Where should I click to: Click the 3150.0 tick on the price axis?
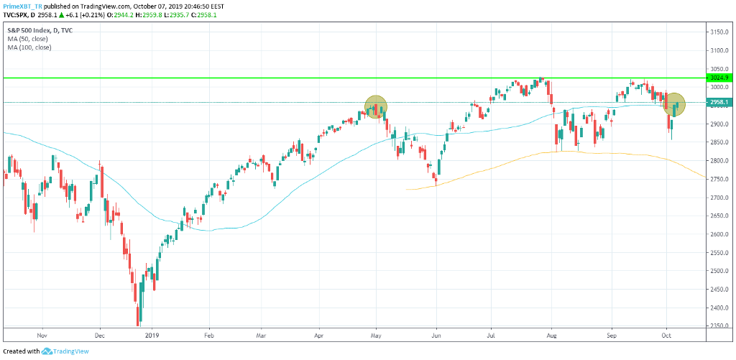pyautogui.click(x=719, y=32)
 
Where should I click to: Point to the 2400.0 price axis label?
pyautogui.click(x=719, y=308)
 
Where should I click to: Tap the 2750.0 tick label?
pyautogui.click(x=719, y=179)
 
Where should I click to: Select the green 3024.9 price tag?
pyautogui.click(x=719, y=78)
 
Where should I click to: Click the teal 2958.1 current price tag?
pyautogui.click(x=719, y=102)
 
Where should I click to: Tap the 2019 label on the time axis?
pyautogui.click(x=152, y=335)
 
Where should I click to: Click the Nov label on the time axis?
pyautogui.click(x=41, y=335)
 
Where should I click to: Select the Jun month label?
pyautogui.click(x=436, y=335)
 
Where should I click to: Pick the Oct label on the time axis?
pyautogui.click(x=666, y=335)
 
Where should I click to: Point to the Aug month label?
pyautogui.click(x=551, y=335)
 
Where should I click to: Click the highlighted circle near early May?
pyautogui.click(x=376, y=107)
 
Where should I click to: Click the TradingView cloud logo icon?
pyautogui.click(x=48, y=351)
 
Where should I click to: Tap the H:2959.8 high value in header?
pyautogui.click(x=159, y=14)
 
